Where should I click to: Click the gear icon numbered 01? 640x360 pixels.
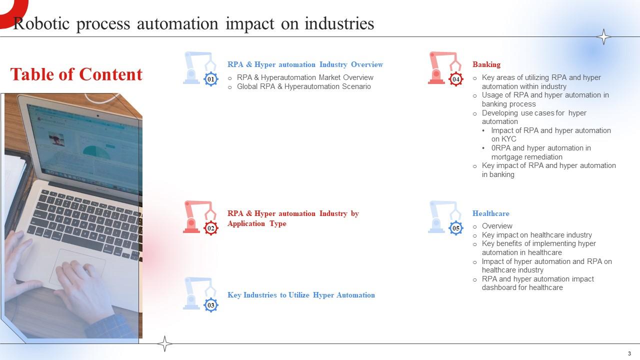[211, 79]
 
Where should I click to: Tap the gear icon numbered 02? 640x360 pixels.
[211, 228]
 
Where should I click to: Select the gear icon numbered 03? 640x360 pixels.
[211, 305]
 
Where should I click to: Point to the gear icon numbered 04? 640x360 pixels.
[456, 79]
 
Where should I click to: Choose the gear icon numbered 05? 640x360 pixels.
[456, 228]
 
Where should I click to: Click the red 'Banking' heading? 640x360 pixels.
[486, 64]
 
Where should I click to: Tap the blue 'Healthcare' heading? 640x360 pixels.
[490, 213]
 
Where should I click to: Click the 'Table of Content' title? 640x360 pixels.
[76, 74]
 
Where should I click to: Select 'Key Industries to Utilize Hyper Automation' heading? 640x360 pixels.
[301, 295]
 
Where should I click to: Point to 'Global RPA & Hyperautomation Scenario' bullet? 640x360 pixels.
[303, 86]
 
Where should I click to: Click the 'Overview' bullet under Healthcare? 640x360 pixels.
[497, 226]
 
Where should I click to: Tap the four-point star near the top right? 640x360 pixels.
[604, 37]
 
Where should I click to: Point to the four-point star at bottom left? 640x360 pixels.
[164, 343]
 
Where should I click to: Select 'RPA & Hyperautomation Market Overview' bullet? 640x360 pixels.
[305, 77]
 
